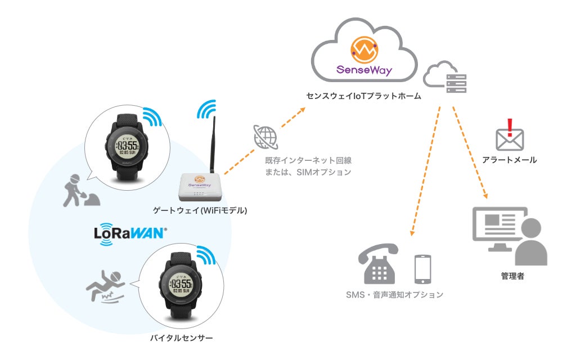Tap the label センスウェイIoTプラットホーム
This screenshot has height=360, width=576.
tap(364, 97)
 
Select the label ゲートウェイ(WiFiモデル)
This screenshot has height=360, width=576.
tap(200, 211)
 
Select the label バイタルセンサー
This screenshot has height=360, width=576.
tap(182, 338)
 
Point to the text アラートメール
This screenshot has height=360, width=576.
tap(510, 160)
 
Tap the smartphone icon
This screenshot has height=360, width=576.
tap(422, 269)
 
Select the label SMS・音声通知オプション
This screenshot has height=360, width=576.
tap(395, 294)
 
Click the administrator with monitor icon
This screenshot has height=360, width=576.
tap(508, 235)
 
